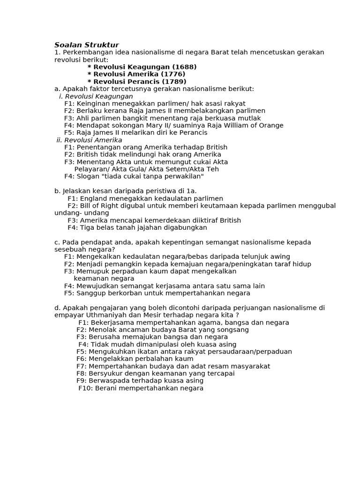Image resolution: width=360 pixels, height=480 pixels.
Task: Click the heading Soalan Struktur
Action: pos(87,45)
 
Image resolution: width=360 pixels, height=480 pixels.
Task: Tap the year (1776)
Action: pos(173,74)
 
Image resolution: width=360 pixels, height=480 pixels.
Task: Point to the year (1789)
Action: pos(173,82)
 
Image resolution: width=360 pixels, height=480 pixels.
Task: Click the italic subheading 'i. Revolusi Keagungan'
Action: pos(96,96)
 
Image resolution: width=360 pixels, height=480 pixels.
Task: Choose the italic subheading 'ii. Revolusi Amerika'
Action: pos(89,140)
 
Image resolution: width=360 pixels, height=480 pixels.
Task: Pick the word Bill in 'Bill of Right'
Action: pos(86,206)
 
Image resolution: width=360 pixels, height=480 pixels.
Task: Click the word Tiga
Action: pos(88,227)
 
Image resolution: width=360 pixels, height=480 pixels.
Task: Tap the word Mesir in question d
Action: pos(151,315)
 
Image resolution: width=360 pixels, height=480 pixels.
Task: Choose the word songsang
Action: pos(233,330)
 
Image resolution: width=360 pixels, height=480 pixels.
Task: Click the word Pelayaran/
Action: pos(93,169)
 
